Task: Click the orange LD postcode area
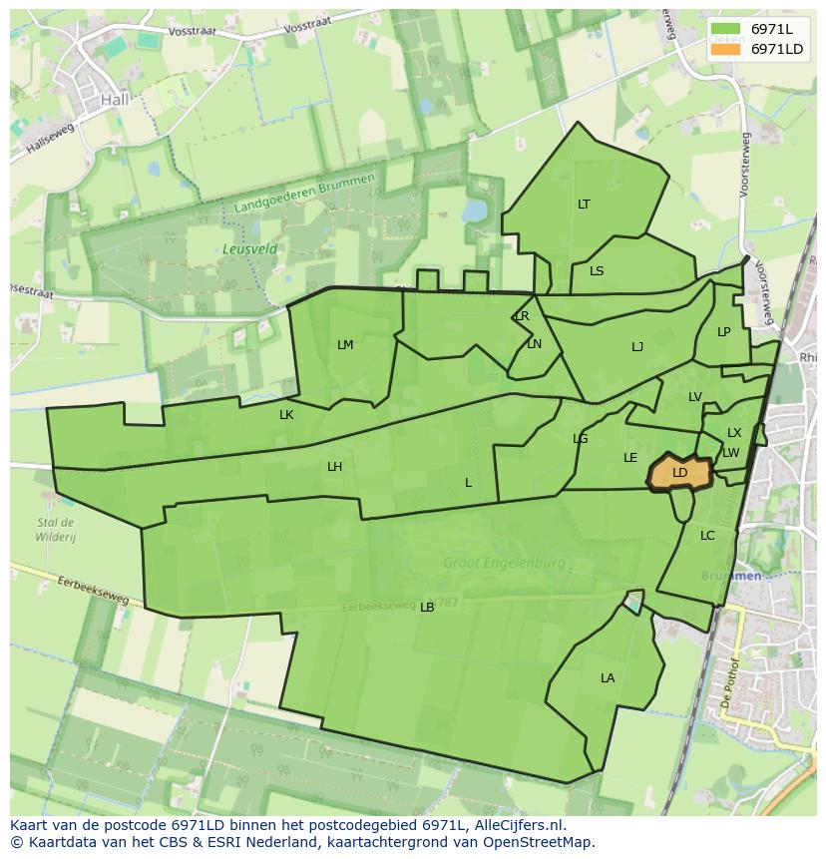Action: pos(679,473)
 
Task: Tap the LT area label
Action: pos(584,205)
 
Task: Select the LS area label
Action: pos(597,271)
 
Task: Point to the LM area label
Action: pos(345,345)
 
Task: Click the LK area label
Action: pos(286,415)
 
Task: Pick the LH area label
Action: pos(334,467)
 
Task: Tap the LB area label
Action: pos(427,608)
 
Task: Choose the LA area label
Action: pos(608,678)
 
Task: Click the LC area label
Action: pos(707,536)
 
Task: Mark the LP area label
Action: pos(723,332)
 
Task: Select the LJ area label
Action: pos(637,347)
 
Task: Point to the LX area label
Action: pos(734,433)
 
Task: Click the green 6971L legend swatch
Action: pos(725,29)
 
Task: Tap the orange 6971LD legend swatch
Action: pos(725,49)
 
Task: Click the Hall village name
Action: pos(115,100)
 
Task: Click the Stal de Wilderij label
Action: pos(55,529)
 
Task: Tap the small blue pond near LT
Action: pos(474,211)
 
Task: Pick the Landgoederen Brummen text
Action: pos(304,194)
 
